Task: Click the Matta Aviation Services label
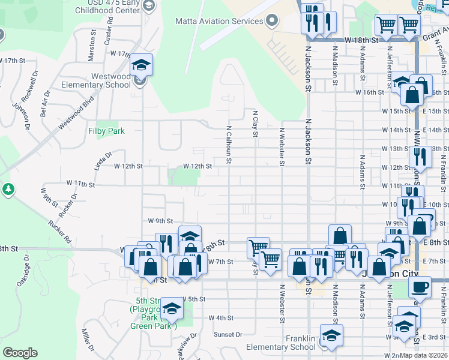pos(219,21)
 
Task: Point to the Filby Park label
pos(106,130)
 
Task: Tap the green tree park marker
pos(8,190)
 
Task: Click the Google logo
pos(20,353)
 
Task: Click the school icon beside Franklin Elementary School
pos(331,337)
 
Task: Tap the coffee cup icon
pos(420,286)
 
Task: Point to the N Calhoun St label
pos(229,145)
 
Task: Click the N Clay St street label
pos(255,123)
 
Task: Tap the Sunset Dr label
pos(228,334)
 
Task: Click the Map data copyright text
pos(424,355)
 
